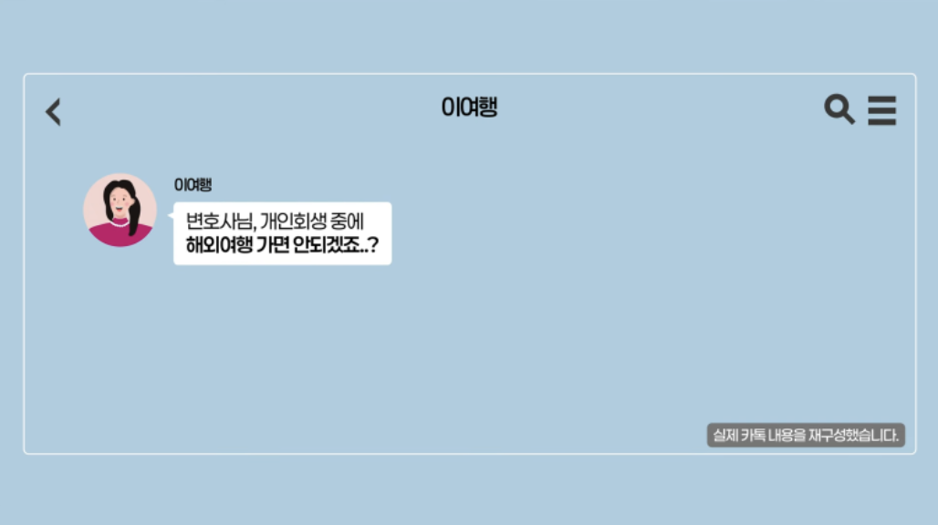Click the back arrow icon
click(x=53, y=112)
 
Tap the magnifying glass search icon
click(x=839, y=108)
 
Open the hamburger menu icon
click(x=881, y=110)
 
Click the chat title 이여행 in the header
click(x=470, y=108)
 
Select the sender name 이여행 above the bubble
click(x=193, y=184)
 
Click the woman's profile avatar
click(x=120, y=210)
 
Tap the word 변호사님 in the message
click(x=219, y=221)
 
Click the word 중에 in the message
click(x=347, y=221)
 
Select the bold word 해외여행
click(x=219, y=244)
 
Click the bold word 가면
click(x=273, y=244)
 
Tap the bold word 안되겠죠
click(x=328, y=244)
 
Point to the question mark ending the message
click(x=374, y=244)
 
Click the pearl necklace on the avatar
click(x=119, y=224)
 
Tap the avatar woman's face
click(x=120, y=201)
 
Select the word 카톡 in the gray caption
click(x=753, y=435)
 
